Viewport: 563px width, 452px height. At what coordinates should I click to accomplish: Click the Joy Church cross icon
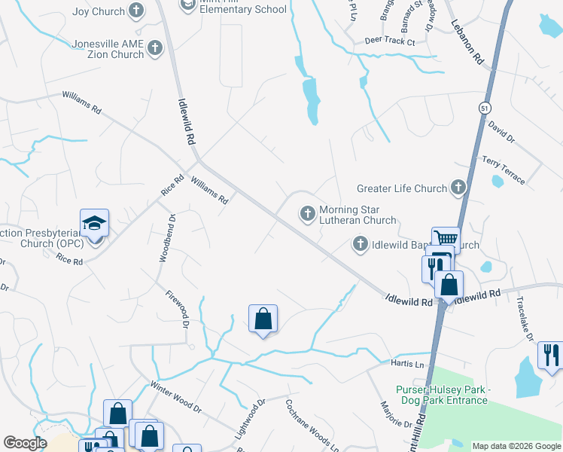[135, 11]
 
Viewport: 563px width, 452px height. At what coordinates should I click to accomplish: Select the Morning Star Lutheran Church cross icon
[307, 215]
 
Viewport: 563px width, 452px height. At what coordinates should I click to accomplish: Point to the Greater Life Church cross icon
[458, 188]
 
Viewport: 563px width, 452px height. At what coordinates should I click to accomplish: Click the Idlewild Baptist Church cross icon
[361, 244]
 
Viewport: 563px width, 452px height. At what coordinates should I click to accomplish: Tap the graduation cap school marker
[95, 224]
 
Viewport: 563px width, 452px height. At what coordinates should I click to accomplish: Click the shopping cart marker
[446, 239]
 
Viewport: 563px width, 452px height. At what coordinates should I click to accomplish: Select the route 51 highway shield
[483, 108]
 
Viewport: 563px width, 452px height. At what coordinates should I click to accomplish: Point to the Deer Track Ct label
[389, 41]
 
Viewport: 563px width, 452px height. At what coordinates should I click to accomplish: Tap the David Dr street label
[501, 132]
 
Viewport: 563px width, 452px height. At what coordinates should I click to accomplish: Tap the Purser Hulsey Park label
[443, 394]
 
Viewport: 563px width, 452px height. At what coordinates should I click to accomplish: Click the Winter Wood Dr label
[176, 399]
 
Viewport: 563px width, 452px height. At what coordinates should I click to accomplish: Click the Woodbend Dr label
[166, 239]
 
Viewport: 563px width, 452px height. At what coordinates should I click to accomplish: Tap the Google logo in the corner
[26, 443]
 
